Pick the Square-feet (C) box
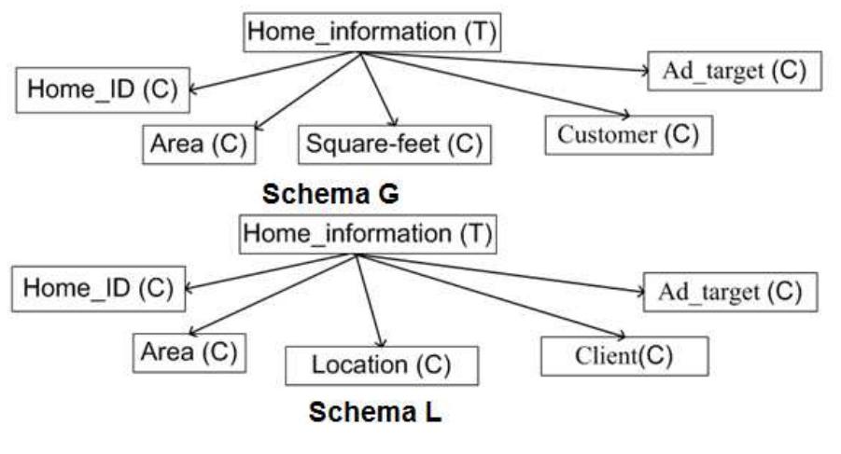click(x=394, y=144)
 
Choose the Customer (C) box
click(x=627, y=134)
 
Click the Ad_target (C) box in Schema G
click(x=734, y=71)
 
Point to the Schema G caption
click(x=330, y=194)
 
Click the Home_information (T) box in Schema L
click(x=367, y=234)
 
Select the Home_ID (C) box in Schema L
click(x=98, y=289)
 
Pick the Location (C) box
click(x=381, y=365)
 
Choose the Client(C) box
click(x=624, y=355)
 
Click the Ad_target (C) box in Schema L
click(x=730, y=292)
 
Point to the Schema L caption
click(x=375, y=411)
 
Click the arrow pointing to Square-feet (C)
click(x=381, y=89)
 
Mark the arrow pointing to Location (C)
click(x=370, y=298)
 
